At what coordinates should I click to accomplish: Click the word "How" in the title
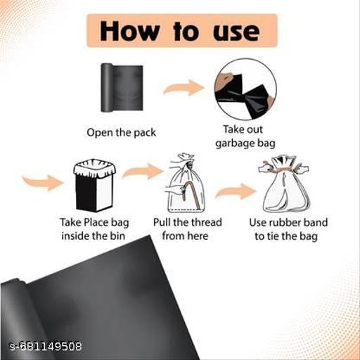(x=129, y=32)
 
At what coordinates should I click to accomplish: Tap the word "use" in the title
(x=236, y=32)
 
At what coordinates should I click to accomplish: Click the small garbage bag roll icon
(x=122, y=87)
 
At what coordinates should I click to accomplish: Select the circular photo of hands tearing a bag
(x=245, y=89)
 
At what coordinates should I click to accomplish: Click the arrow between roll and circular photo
(x=184, y=88)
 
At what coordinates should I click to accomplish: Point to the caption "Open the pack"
(x=121, y=133)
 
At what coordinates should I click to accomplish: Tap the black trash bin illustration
(x=94, y=185)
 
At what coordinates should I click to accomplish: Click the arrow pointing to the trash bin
(x=43, y=182)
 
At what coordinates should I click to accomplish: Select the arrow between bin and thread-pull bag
(x=142, y=172)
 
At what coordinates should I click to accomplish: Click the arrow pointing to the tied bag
(x=236, y=191)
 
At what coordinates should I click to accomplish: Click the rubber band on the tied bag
(x=283, y=169)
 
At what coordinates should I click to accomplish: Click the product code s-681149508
(x=46, y=346)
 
